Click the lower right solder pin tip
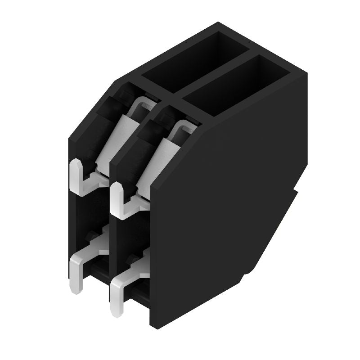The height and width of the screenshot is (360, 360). [116, 306]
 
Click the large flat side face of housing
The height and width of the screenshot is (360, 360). [225, 202]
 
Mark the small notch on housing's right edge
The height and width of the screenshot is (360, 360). [296, 191]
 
